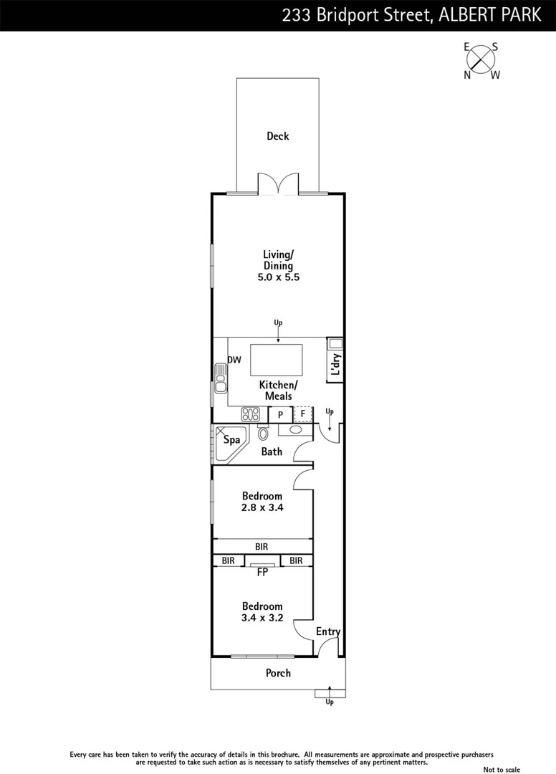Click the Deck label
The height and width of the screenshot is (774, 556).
pos(277,135)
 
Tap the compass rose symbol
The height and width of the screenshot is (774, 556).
pos(482,61)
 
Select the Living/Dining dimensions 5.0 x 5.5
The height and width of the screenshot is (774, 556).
pos(278,277)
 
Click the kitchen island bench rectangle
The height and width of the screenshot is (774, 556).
pos(276,360)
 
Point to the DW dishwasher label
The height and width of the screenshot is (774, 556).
pos(234,360)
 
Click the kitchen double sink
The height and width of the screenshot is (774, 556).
pos(219,378)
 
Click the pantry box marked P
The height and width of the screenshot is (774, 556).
pos(280,414)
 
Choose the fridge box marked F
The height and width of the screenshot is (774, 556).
pos(303,414)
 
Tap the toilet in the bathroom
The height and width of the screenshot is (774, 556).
pos(262,433)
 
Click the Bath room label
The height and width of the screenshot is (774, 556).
pos(272,452)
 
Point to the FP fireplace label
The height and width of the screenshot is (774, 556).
pos(262,573)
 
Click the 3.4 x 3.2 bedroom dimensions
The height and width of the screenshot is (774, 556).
pos(262,618)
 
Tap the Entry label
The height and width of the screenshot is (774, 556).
pos(328,631)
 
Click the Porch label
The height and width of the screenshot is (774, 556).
pos(278,673)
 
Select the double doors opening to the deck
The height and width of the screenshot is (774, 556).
pos(277,184)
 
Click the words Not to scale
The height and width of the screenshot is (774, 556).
pos(502,770)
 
